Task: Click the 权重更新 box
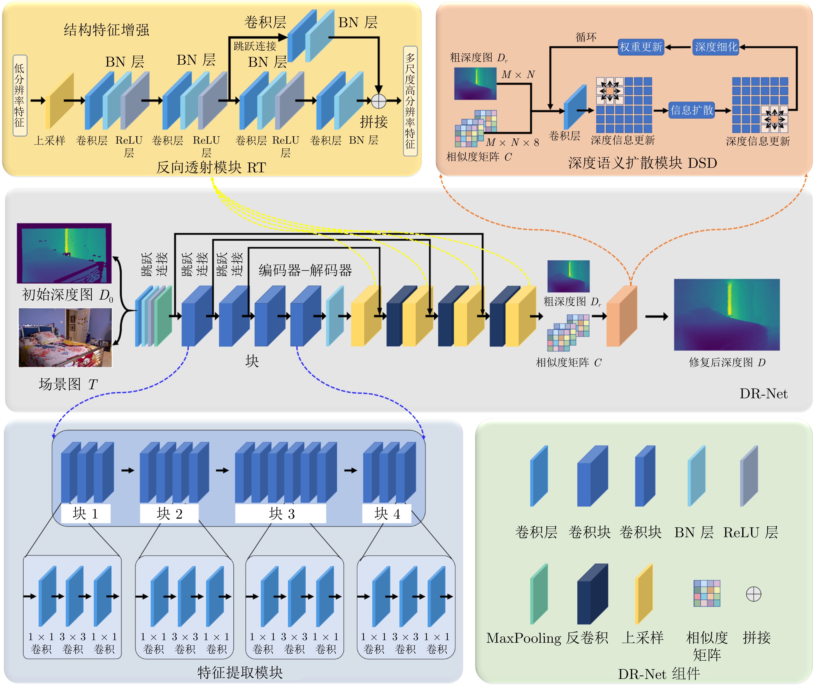click(641, 47)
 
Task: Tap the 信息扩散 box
click(692, 110)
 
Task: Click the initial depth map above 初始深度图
click(64, 253)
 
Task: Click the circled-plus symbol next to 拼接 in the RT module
click(378, 101)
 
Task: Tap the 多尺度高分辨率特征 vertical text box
click(410, 101)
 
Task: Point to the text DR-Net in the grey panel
click(763, 394)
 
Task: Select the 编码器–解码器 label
click(305, 270)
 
